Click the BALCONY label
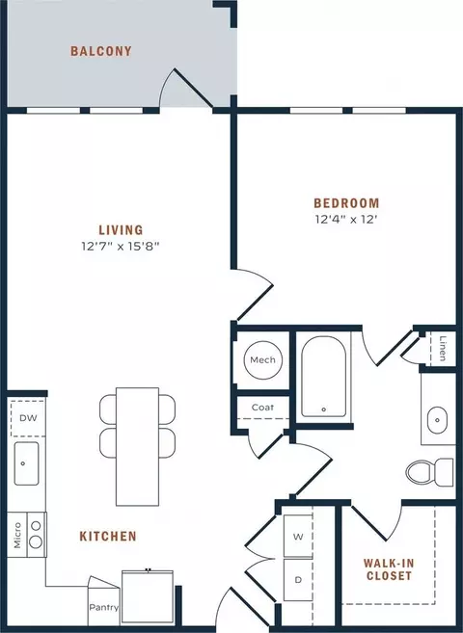pyautogui.click(x=101, y=51)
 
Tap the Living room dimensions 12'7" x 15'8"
pyautogui.click(x=121, y=246)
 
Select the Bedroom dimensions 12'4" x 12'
pyautogui.click(x=346, y=220)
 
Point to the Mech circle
pyautogui.click(x=263, y=360)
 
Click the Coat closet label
pyautogui.click(x=262, y=408)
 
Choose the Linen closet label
pyautogui.click(x=443, y=349)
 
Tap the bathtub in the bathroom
pyautogui.click(x=323, y=377)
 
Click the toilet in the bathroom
pyautogui.click(x=430, y=472)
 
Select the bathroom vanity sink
pyautogui.click(x=438, y=420)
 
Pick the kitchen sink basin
pyautogui.click(x=27, y=463)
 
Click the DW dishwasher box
pyautogui.click(x=28, y=418)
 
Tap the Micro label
pyautogui.click(x=17, y=536)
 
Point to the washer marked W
pyautogui.click(x=298, y=537)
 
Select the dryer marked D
pyautogui.click(x=298, y=580)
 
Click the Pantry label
pyautogui.click(x=104, y=608)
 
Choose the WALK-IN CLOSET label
pyautogui.click(x=389, y=569)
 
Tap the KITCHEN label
pyautogui.click(x=108, y=536)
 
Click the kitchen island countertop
pyautogui.click(x=137, y=446)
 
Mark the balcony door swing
pyautogui.click(x=186, y=89)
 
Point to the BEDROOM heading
pyautogui.click(x=346, y=202)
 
